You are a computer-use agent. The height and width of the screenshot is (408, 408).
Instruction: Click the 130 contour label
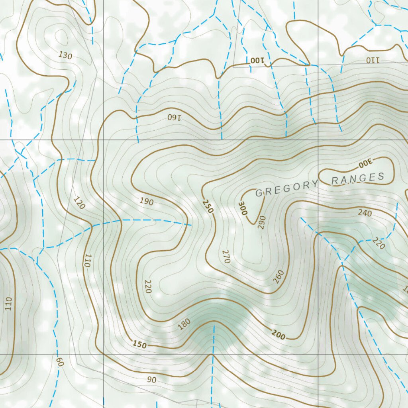point(65,55)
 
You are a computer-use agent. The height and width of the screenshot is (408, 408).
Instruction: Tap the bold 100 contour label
point(257,61)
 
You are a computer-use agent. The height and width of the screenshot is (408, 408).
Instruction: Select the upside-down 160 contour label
point(174,117)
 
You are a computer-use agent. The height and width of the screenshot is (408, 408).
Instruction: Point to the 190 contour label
point(147,201)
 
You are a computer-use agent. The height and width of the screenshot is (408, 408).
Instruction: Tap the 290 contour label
point(261,222)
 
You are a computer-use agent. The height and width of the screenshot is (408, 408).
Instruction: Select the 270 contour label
point(226,257)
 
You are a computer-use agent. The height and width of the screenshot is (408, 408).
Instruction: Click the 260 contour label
point(279,277)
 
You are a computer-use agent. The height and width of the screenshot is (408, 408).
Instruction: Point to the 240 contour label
point(365,213)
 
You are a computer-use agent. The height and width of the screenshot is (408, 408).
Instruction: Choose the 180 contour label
point(184,324)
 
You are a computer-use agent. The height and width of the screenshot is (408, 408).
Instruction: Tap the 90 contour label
point(151,380)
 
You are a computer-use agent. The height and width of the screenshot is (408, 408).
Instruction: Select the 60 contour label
point(60,362)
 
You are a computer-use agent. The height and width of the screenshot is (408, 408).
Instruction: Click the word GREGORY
point(286,188)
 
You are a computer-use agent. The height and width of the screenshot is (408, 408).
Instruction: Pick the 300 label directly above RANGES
point(365,163)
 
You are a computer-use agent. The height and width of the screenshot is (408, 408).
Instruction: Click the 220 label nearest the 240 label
point(379,243)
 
